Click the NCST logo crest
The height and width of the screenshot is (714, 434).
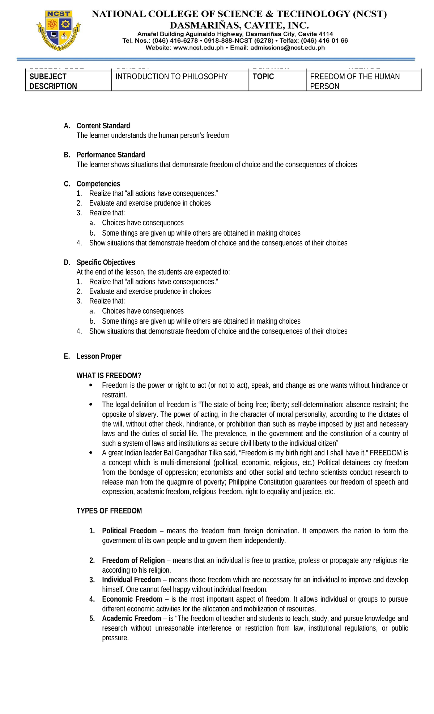pyautogui.click(x=59, y=30)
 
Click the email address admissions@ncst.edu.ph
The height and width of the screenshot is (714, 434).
pyautogui.click(x=287, y=48)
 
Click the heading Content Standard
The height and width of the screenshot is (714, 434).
pyautogui.click(x=103, y=126)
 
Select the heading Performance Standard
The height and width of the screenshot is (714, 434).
pyautogui.click(x=111, y=155)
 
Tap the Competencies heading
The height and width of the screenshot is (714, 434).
pyautogui.click(x=98, y=184)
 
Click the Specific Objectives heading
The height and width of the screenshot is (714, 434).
pyautogui.click(x=106, y=262)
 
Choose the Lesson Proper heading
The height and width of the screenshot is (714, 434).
pyautogui.click(x=99, y=356)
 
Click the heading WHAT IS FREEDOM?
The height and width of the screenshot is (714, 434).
pyautogui.click(x=109, y=375)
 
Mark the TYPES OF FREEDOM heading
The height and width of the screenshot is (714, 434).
pyautogui.click(x=109, y=511)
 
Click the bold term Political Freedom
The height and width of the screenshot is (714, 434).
pyautogui.click(x=129, y=531)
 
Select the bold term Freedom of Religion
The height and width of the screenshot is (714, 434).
pyautogui.click(x=133, y=560)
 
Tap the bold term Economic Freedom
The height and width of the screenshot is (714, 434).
pyautogui.click(x=132, y=599)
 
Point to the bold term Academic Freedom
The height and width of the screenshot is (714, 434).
pyautogui.click(x=131, y=618)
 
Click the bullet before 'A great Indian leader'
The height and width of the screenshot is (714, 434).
pyautogui.click(x=91, y=453)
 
